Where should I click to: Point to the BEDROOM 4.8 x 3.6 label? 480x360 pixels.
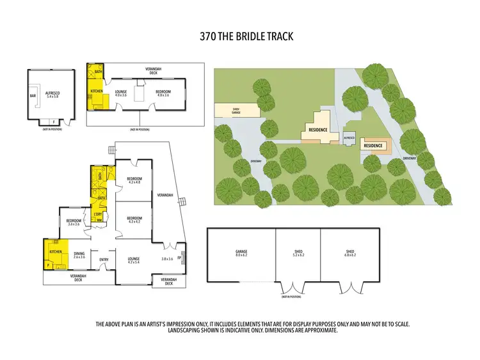163,93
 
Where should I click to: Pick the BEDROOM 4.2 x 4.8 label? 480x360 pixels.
134,180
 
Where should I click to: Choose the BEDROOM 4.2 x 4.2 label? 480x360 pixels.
134,219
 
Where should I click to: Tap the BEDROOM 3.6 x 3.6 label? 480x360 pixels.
73,223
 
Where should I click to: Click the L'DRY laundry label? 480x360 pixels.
99,213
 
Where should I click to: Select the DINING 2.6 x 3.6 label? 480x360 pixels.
79,254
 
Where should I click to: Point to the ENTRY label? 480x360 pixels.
103,259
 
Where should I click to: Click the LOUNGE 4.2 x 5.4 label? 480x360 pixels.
134,260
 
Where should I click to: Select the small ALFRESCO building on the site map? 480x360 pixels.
349,137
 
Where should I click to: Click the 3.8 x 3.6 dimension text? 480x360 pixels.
167,259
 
